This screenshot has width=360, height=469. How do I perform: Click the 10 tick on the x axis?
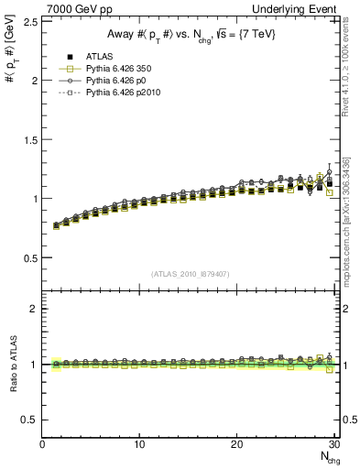pos(139,444)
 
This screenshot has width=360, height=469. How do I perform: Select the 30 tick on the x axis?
pos(334,444)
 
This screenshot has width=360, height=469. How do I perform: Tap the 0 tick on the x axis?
pos(42,444)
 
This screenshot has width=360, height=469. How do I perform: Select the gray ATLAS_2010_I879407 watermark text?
pos(190,273)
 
